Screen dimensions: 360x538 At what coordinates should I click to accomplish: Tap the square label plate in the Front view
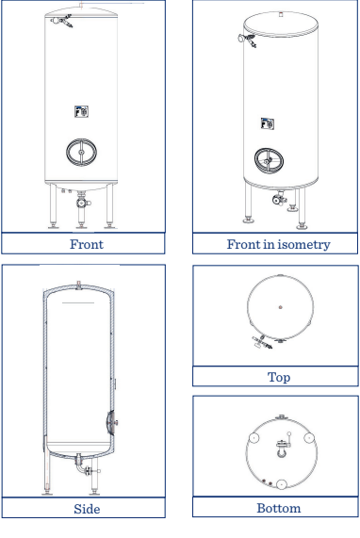(x=83, y=113)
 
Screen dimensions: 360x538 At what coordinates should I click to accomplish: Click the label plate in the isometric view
(x=267, y=122)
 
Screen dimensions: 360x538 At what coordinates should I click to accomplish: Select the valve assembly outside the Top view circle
(x=253, y=347)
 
